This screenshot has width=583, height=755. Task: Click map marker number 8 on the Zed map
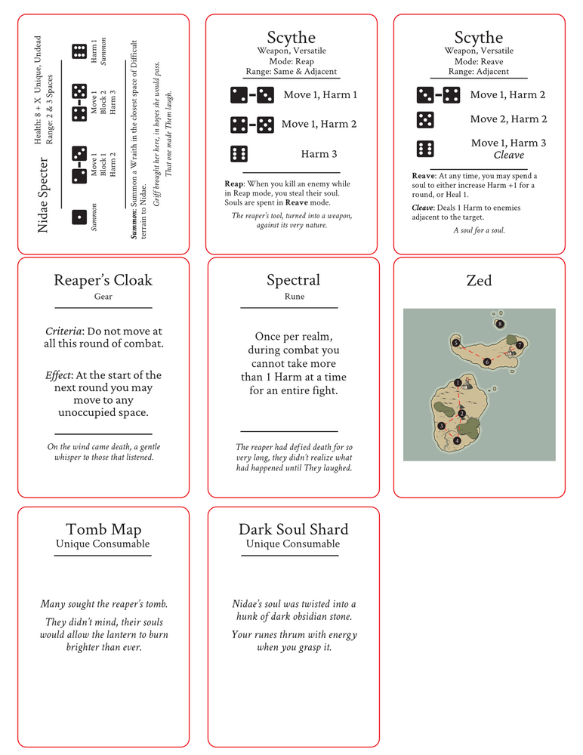coord(500,324)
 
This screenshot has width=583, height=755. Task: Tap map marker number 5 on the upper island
coord(456,343)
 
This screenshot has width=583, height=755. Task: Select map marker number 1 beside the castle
coord(458,383)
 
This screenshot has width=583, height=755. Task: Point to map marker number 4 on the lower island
coord(458,440)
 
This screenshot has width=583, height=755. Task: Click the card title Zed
coord(479,281)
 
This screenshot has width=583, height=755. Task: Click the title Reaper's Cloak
coord(103,281)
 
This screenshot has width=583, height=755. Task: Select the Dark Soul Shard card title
coord(294,530)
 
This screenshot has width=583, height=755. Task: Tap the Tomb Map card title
coord(103,530)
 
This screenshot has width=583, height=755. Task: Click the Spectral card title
coord(293,281)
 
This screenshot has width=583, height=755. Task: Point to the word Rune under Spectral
coord(295,297)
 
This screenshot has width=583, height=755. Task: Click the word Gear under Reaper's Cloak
coord(103,297)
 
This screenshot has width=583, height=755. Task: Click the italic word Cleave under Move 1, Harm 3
coord(508,155)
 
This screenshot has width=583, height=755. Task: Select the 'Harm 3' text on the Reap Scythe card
coord(319,154)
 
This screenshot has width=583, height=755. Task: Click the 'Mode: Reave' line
coord(479,61)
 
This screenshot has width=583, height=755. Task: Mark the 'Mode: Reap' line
coord(291,61)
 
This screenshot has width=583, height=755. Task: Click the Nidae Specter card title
coord(44,194)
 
